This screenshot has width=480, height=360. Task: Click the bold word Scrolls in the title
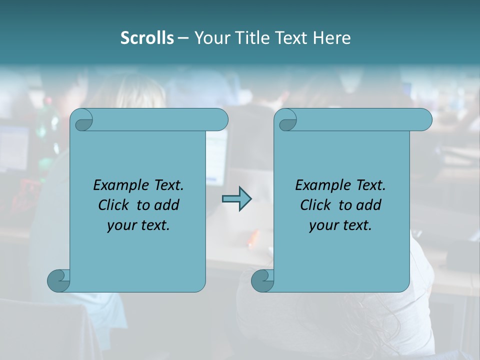[147, 38]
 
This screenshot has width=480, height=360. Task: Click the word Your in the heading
[211, 38]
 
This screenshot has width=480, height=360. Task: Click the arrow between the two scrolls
[236, 199]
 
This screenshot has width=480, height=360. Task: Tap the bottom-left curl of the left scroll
[58, 280]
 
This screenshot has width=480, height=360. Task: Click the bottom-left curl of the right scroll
[262, 280]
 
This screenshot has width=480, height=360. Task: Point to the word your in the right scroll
[322, 225]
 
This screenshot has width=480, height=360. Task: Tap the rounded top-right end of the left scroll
[220, 120]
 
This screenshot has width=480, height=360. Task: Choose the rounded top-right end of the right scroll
[423, 120]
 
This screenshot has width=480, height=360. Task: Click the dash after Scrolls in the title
[183, 38]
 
